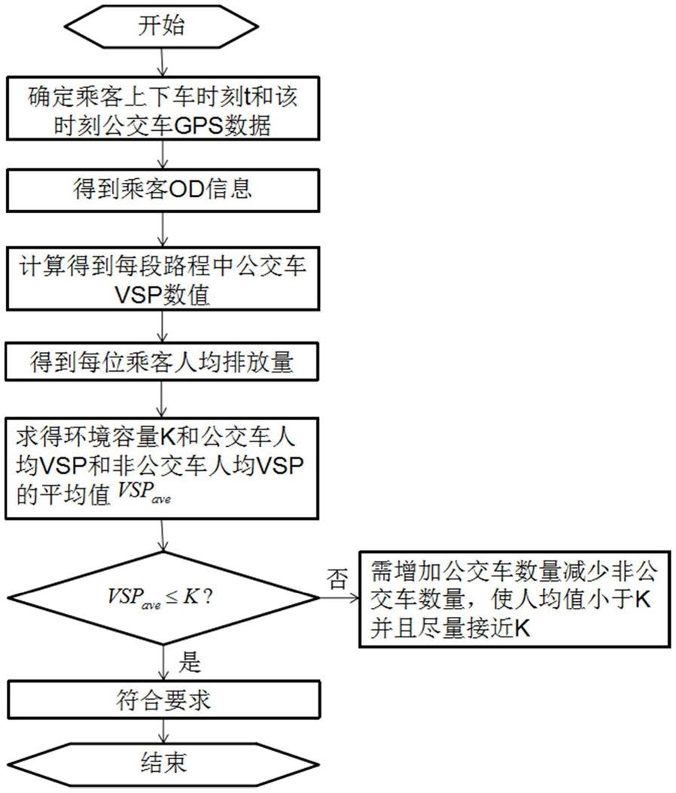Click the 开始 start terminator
click(162, 26)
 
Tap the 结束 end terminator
click(163, 763)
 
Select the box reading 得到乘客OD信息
click(163, 190)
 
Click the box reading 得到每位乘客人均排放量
click(162, 362)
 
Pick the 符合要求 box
click(164, 700)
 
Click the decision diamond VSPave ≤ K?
click(163, 597)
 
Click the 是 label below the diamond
click(190, 661)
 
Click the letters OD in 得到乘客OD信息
click(186, 190)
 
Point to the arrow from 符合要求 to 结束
click(163, 731)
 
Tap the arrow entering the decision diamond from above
click(163, 536)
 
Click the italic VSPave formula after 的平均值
click(145, 492)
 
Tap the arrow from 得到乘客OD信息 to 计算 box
click(163, 229)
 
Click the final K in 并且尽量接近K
click(522, 629)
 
